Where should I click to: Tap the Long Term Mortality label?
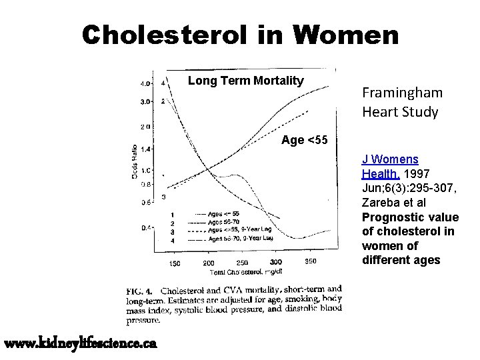[245, 81]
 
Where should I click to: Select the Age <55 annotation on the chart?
[304, 140]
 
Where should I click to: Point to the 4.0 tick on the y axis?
[145, 84]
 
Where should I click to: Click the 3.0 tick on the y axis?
[145, 102]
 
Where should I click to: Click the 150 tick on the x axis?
[173, 263]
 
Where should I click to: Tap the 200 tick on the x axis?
[208, 263]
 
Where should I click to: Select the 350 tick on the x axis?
[311, 262]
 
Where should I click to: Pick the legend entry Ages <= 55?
[225, 214]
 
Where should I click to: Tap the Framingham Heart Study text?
[400, 102]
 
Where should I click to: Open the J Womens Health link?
[390, 167]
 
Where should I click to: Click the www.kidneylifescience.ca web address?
[81, 343]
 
